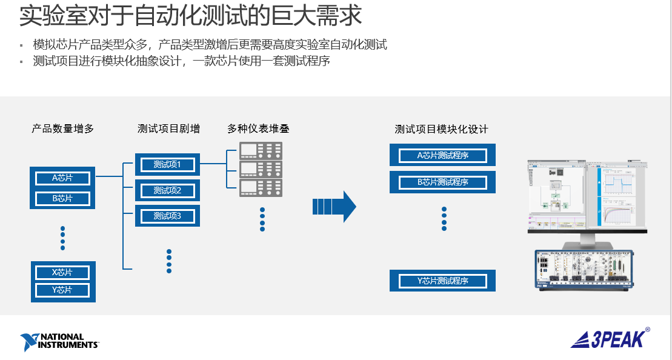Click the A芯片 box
62,178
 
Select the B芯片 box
62,198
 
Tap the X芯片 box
62,272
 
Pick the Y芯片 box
62,290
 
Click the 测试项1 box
168,165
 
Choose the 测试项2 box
168,190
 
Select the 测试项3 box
168,216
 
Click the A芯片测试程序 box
443,155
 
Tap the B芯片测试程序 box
443,182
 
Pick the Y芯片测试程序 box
443,281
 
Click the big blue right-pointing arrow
334,207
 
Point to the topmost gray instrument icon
261,150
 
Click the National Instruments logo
59,342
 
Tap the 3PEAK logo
610,338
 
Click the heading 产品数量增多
63,128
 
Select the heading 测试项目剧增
168,128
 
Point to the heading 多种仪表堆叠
258,128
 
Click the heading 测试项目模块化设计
441,129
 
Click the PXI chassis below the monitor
584,270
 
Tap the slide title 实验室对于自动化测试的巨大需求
191,15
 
